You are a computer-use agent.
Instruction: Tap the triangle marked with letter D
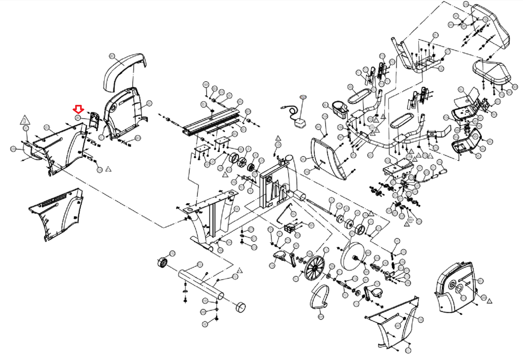25,120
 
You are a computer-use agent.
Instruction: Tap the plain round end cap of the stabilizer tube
241,307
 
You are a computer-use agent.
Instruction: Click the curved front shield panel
329,157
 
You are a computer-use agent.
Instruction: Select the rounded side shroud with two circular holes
456,286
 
